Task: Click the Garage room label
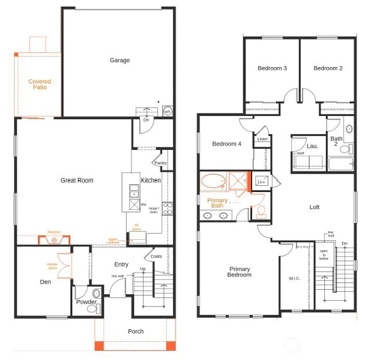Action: pos(120,60)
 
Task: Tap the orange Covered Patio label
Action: pos(40,84)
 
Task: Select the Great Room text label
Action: pos(77,181)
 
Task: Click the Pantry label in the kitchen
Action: pos(161,163)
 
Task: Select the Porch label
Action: pos(136,331)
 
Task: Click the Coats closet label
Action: pos(156,256)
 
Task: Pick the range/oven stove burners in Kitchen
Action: pos(167,208)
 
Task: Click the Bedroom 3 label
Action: pos(272,68)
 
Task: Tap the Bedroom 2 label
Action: pos(328,68)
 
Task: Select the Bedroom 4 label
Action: pos(227,144)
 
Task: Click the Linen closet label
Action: pos(262,139)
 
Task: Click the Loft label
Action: pos(315,207)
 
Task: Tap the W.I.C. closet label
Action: pos(294,278)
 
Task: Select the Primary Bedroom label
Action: pos(240,272)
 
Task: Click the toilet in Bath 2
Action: pos(345,150)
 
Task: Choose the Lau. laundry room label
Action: pos(312,146)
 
